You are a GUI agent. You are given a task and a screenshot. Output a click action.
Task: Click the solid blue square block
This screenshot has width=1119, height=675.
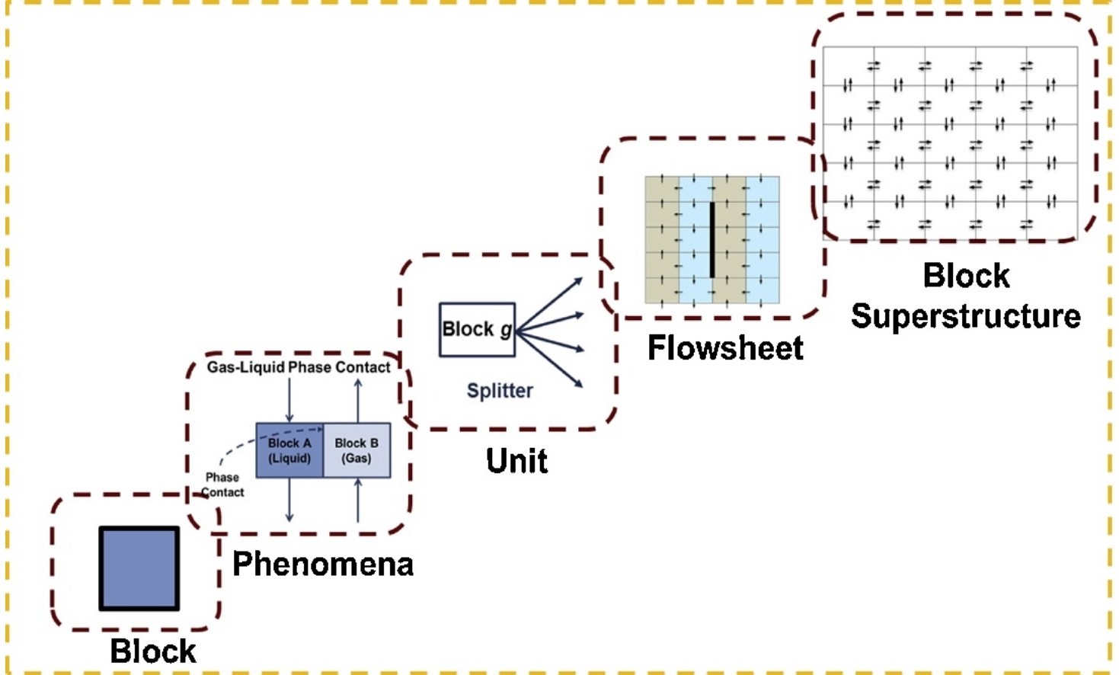(x=139, y=568)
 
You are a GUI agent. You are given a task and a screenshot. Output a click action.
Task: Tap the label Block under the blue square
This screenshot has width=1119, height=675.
(x=153, y=651)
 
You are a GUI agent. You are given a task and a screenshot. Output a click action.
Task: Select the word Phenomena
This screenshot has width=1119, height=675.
(x=323, y=565)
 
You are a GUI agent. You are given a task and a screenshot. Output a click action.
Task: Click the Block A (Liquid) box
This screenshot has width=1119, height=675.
(x=289, y=451)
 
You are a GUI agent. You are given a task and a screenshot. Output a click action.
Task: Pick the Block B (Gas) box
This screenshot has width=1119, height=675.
(x=356, y=451)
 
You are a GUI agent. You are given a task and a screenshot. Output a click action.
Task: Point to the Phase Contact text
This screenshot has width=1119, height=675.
(x=222, y=485)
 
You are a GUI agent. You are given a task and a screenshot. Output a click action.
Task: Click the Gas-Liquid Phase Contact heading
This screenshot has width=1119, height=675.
(x=299, y=367)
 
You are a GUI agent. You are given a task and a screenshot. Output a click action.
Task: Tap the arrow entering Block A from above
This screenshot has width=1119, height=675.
(x=289, y=399)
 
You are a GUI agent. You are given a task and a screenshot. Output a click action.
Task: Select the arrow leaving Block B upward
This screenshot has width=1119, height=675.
(x=358, y=399)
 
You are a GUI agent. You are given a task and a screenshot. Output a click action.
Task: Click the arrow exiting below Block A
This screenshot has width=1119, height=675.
(x=289, y=501)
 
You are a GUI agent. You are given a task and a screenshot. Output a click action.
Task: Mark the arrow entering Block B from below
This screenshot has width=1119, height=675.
(x=358, y=501)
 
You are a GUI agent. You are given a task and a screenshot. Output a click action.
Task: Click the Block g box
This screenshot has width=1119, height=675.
(x=477, y=330)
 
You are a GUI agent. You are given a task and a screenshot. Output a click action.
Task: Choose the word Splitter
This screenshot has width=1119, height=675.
(x=500, y=391)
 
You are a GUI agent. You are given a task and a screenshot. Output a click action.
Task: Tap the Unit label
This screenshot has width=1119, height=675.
(x=517, y=461)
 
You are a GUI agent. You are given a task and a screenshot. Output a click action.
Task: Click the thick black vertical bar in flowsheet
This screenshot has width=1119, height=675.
(x=712, y=239)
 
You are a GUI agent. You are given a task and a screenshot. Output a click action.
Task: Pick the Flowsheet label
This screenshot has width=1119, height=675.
(x=725, y=348)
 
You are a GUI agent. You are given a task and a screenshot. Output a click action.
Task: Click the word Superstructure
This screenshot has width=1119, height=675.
(x=966, y=316)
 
